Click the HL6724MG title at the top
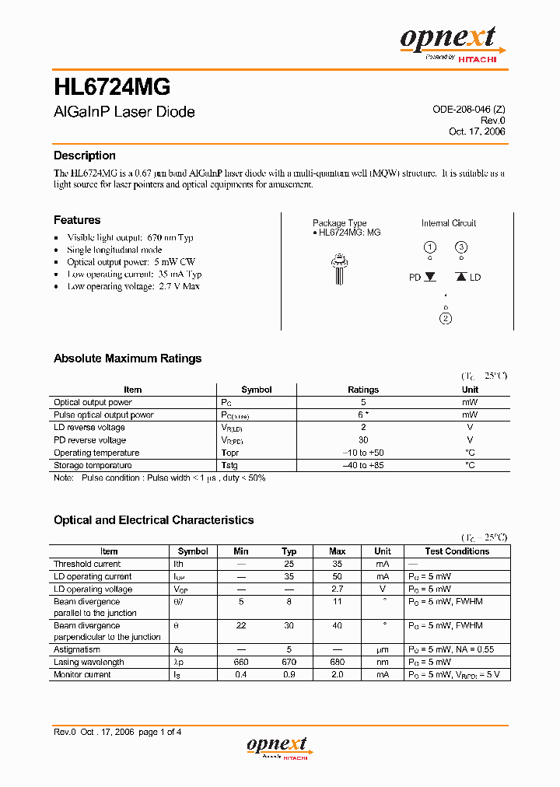(x=112, y=85)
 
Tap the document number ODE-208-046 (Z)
(x=468, y=110)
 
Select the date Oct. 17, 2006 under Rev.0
(x=477, y=131)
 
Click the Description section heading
(x=84, y=156)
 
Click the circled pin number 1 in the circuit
(x=429, y=247)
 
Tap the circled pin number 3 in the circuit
(x=461, y=247)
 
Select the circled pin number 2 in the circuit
(x=446, y=317)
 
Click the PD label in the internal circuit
(x=415, y=277)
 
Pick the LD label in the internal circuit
(x=475, y=277)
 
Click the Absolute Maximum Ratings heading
(x=128, y=359)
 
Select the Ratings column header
(x=363, y=390)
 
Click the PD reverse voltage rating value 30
(x=363, y=440)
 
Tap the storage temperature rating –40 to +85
(x=363, y=465)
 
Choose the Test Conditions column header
(x=457, y=551)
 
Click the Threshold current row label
(x=87, y=564)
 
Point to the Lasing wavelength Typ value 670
(x=289, y=662)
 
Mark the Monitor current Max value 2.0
(x=337, y=674)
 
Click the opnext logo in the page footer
(x=278, y=747)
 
